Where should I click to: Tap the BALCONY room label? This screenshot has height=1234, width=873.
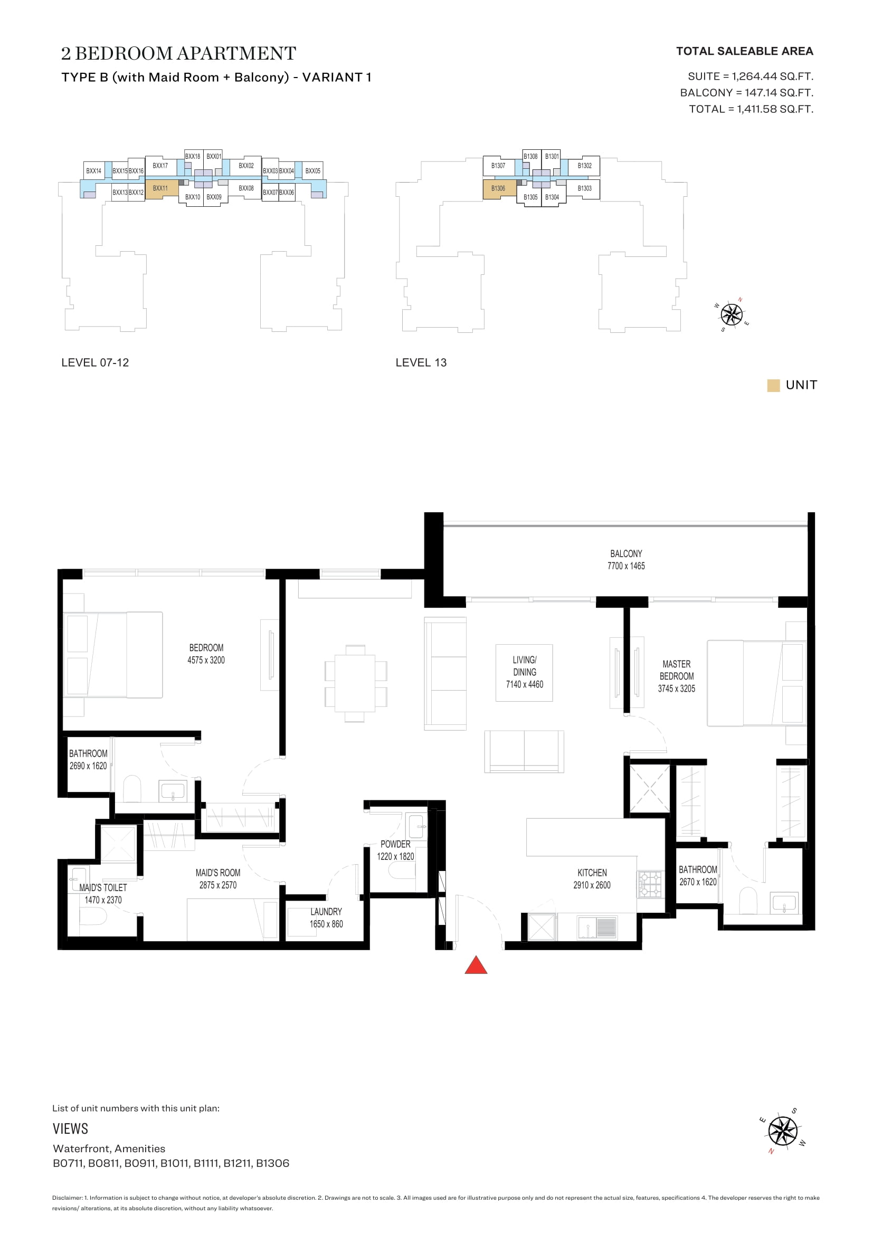point(626,553)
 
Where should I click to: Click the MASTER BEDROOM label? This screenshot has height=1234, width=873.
point(676,669)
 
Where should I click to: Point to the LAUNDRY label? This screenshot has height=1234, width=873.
point(326,912)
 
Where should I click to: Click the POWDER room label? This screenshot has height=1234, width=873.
point(395,844)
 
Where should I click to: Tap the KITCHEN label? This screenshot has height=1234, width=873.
point(592,872)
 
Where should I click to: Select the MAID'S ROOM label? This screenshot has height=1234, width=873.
point(217,872)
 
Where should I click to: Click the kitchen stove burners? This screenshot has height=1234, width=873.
point(650,884)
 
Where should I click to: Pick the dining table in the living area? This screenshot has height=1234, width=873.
point(355,683)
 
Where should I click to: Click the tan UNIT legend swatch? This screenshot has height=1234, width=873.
point(773,385)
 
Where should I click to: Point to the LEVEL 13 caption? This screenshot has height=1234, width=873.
point(421,362)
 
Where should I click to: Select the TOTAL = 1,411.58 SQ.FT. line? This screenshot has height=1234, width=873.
point(751,109)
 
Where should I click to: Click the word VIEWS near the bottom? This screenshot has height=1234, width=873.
point(70,1128)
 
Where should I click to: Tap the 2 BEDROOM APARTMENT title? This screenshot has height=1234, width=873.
point(178,53)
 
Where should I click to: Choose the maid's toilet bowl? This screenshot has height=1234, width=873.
point(93,916)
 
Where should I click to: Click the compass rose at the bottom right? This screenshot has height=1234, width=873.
point(782,1130)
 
